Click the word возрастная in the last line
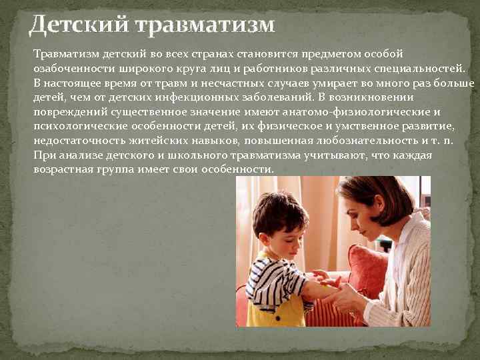pyautogui.click(x=64, y=169)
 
